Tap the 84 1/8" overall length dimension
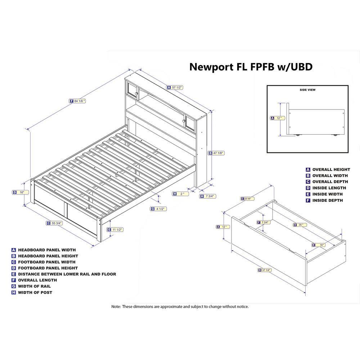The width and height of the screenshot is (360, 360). [80, 101]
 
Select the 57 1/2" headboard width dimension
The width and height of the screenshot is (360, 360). [176, 87]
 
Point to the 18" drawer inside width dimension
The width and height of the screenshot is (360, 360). [321, 245]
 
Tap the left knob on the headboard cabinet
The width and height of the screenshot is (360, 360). [136, 94]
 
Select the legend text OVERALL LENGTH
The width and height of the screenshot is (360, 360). [37, 280]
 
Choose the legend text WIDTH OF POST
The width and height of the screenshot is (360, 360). [35, 292]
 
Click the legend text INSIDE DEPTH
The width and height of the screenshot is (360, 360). [328, 200]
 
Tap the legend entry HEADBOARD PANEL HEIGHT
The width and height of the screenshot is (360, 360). [48, 256]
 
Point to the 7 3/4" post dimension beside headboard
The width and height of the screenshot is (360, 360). [209, 196]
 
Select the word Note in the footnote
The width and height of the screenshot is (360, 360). [116, 307]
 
